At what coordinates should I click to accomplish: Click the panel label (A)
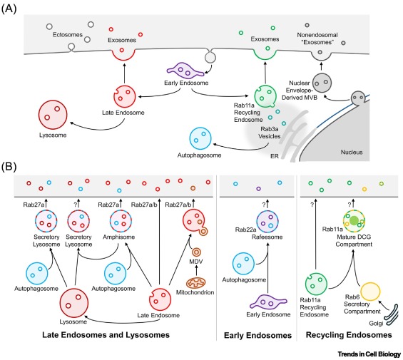(9, 9)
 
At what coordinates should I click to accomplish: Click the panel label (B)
(9, 167)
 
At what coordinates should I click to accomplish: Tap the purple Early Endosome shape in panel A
(185, 70)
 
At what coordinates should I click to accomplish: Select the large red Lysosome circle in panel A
(53, 115)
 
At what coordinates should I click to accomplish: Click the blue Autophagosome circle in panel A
(200, 138)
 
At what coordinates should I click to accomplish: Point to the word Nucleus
(352, 152)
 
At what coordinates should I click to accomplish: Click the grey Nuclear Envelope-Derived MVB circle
(322, 83)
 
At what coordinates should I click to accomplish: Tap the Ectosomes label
(68, 34)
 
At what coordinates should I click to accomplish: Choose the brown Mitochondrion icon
(195, 283)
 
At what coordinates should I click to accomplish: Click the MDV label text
(196, 262)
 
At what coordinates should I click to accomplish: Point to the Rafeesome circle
(267, 222)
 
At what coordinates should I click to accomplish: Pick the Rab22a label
(245, 230)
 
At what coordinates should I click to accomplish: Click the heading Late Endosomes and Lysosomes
(106, 335)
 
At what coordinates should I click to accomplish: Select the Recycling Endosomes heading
(349, 335)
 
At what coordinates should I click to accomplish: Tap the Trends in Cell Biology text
(369, 354)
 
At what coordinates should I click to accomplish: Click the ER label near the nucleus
(275, 156)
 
